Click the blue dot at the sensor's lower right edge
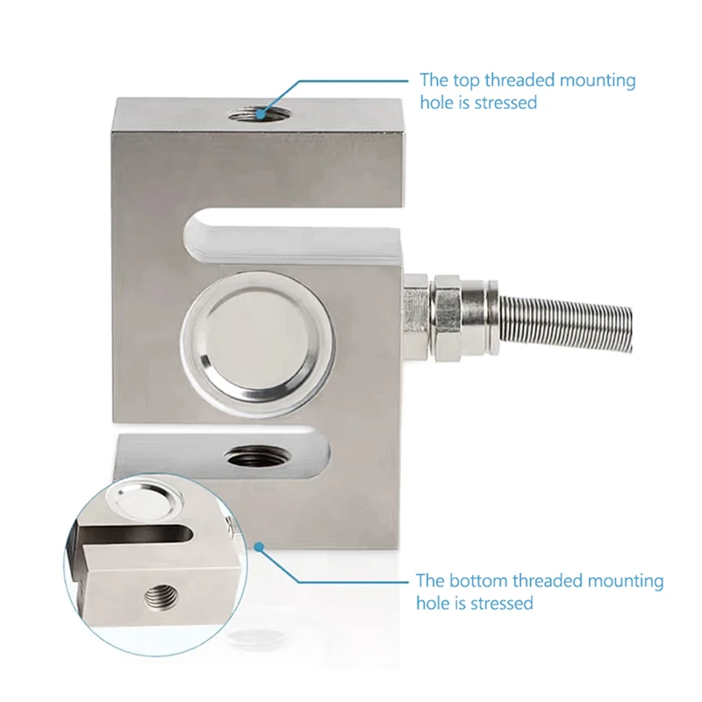click(x=260, y=546)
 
